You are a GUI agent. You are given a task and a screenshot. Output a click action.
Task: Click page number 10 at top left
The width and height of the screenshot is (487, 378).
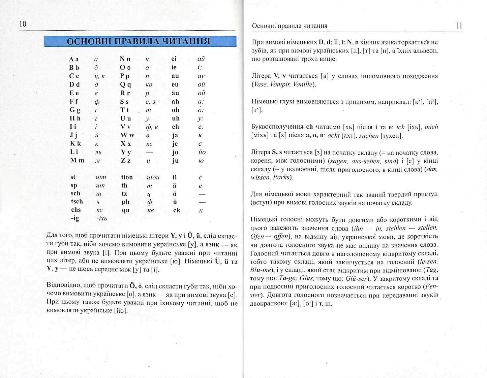click(23, 24)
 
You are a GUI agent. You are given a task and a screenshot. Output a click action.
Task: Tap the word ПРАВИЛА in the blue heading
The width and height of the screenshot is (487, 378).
click(138, 41)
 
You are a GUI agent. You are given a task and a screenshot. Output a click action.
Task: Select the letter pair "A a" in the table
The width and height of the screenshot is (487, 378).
click(74, 59)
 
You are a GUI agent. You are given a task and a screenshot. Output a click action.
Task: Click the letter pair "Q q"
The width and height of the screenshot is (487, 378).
click(125, 85)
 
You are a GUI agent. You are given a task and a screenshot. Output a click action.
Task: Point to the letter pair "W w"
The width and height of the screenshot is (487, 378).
click(127, 135)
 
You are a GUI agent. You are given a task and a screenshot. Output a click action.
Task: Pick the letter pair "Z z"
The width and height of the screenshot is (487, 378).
click(125, 161)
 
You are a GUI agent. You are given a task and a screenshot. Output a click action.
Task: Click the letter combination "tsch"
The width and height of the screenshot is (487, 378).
click(77, 201)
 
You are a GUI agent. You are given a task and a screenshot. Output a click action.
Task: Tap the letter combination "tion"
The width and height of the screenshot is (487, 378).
click(127, 177)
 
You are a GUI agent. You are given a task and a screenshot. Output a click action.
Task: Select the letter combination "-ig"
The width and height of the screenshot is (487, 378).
click(75, 218)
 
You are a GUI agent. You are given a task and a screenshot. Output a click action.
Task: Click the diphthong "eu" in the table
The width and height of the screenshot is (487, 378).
click(175, 84)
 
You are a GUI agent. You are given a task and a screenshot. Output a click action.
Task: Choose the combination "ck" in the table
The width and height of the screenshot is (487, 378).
click(177, 210)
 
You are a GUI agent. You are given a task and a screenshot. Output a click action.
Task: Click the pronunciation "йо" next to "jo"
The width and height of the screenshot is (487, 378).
click(202, 152)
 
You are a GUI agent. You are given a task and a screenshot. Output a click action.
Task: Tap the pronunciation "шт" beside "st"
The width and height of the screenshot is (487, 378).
click(101, 177)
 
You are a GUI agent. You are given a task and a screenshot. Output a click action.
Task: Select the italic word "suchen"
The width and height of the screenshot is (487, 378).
click(369, 136)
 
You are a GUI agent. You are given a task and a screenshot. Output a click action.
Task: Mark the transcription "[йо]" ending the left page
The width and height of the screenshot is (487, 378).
click(121, 311)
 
